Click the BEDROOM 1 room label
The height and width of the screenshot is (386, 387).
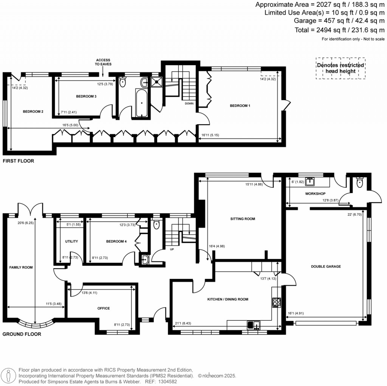coord(240,106)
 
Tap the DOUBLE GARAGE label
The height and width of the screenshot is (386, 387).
coord(326,266)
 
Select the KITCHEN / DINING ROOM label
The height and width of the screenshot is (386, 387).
coord(228,299)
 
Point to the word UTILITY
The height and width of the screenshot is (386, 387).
coord(71,241)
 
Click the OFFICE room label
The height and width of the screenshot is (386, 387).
coord(104,308)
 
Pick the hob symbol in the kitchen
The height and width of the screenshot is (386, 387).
coord(276,302)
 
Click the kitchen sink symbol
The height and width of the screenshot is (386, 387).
coord(253,325)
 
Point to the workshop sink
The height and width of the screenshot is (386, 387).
coord(311,181)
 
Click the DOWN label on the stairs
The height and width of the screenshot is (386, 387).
coord(189,103)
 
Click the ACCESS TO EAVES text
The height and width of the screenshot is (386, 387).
coord(103,62)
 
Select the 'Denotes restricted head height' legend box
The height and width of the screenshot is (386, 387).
coord(341,68)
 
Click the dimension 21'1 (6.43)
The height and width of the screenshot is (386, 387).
coord(183,324)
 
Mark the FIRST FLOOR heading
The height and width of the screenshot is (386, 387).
coord(18,161)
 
